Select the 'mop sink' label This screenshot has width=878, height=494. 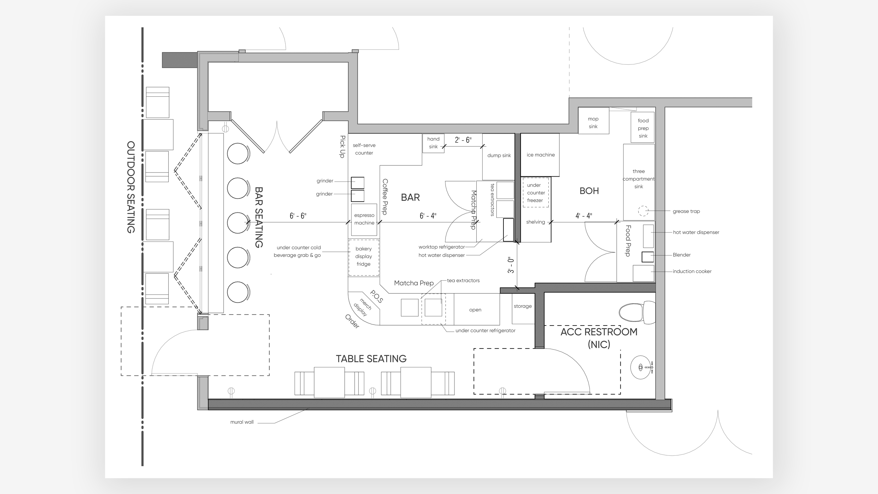pos(593,122)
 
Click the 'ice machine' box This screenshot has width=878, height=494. pos(540,155)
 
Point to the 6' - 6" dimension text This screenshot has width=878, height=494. pos(298,216)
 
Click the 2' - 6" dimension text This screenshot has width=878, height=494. pos(463,140)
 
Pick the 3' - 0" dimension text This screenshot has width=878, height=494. pos(511,265)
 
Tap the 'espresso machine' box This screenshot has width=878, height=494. pos(364,220)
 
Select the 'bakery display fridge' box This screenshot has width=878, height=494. pos(364,257)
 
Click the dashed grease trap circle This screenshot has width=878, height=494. pos(643,211)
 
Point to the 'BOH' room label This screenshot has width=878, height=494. pos(589,191)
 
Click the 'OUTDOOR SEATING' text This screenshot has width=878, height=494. pos(131,187)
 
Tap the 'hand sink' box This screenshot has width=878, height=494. pos(434,143)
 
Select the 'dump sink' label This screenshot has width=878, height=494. pos(499,155)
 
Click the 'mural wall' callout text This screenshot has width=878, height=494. pos(242,422)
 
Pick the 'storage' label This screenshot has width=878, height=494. pos(523,306)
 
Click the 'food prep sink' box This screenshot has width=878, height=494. pos(643,127)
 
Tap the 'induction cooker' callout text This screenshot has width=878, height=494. pos(692,271)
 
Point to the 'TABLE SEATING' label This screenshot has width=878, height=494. pos(371,359)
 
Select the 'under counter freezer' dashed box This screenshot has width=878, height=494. pos(536,192)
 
